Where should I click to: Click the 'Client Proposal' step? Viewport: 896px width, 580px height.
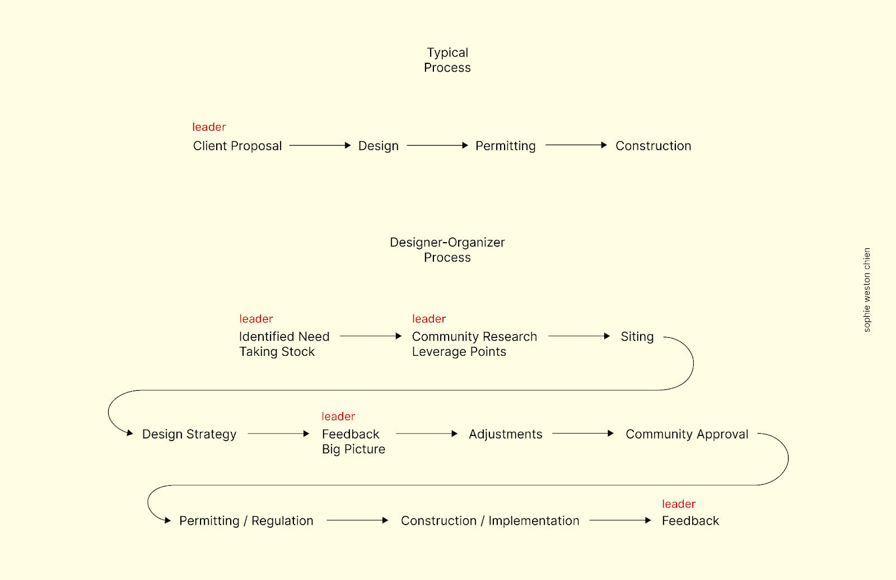[x=237, y=146]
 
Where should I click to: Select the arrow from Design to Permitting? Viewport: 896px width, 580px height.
[x=437, y=145]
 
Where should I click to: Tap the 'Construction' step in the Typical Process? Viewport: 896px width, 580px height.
[x=653, y=146]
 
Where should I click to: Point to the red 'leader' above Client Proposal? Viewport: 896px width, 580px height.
[x=209, y=127]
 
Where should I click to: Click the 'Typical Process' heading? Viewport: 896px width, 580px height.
[x=447, y=60]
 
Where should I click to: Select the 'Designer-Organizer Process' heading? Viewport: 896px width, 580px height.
[x=447, y=250]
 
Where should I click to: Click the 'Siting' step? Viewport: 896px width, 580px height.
[x=637, y=337]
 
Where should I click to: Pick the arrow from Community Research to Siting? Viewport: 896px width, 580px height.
[x=579, y=336]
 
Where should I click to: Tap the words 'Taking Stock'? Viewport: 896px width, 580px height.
[x=277, y=351]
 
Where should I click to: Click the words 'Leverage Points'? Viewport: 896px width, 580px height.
[x=459, y=351]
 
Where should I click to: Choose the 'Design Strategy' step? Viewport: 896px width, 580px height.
[x=189, y=434]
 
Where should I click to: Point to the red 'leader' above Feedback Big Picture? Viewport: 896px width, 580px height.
[x=338, y=416]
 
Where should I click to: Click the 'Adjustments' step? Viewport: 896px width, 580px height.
[x=506, y=434]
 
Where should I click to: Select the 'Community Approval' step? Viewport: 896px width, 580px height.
[x=687, y=434]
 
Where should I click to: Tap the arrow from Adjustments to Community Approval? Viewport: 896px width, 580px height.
[x=583, y=433]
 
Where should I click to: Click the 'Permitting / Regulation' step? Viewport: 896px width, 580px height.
[x=246, y=521]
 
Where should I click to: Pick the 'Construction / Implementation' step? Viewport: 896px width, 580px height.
[x=490, y=521]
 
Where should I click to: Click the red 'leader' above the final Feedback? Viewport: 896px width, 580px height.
[x=679, y=504]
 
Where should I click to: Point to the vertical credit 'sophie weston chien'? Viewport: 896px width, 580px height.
[x=867, y=290]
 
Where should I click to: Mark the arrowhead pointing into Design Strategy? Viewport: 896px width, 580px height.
[x=129, y=433]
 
